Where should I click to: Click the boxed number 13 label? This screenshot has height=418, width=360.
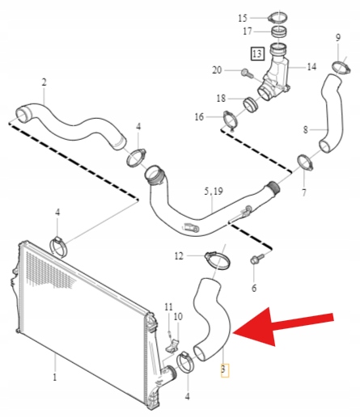pyautogui.click(x=257, y=54)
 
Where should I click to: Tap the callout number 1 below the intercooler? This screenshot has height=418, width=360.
pyautogui.click(x=55, y=377)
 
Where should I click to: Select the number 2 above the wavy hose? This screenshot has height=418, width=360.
pyautogui.click(x=44, y=82)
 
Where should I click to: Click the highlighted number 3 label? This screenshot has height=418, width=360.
pyautogui.click(x=223, y=369)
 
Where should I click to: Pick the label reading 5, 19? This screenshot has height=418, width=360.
pyautogui.click(x=214, y=191)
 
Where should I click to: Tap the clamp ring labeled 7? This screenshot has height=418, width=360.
pyautogui.click(x=305, y=163)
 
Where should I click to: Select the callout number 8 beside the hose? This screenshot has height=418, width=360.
pyautogui.click(x=305, y=129)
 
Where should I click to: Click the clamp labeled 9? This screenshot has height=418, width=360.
pyautogui.click(x=341, y=66)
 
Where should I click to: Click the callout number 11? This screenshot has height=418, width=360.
pyautogui.click(x=168, y=306)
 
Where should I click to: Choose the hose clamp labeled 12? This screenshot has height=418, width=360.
pyautogui.click(x=218, y=260)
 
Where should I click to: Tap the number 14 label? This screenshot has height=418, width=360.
pyautogui.click(x=311, y=66)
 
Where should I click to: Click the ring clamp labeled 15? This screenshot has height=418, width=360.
pyautogui.click(x=277, y=18)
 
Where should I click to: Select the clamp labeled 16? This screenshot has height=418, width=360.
pyautogui.click(x=231, y=120)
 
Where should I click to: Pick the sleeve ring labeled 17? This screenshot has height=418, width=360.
pyautogui.click(x=278, y=32)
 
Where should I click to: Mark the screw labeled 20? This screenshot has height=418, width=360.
pyautogui.click(x=247, y=73)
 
